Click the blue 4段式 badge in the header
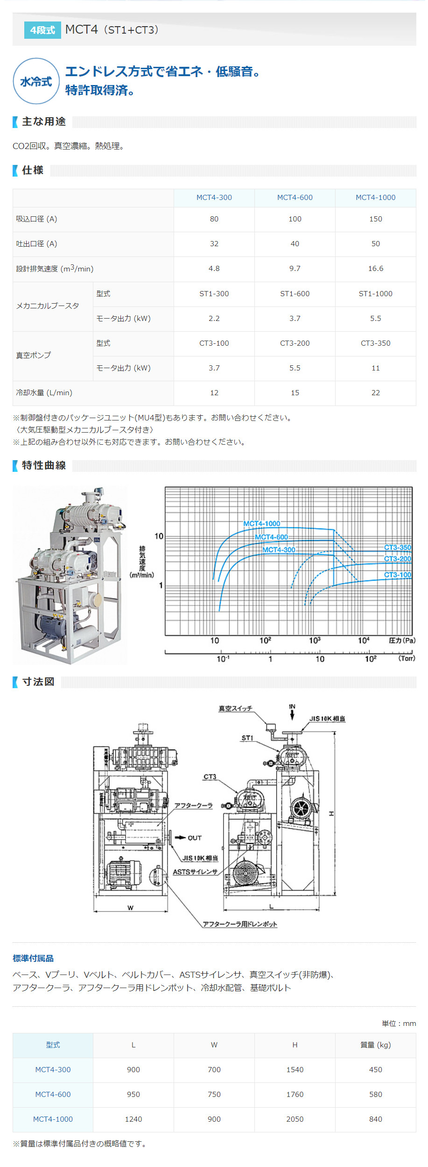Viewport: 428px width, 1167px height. click(42, 30)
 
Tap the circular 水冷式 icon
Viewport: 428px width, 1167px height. click(36, 81)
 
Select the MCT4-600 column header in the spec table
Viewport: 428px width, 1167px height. click(295, 198)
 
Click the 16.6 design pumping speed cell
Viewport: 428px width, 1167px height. click(375, 269)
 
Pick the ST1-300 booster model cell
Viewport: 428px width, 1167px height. click(214, 294)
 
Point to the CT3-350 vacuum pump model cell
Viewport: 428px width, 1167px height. click(375, 343)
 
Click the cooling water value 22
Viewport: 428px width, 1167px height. click(375, 393)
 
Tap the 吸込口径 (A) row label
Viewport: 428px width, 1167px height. click(36, 219)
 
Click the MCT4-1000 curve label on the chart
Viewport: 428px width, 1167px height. click(261, 524)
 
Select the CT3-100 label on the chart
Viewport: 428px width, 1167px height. click(397, 575)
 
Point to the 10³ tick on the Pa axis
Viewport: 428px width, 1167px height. click(315, 640)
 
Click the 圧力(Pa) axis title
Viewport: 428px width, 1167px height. click(401, 640)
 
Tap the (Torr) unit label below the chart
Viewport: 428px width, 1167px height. click(406, 658)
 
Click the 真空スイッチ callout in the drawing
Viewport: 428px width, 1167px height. click(235, 709)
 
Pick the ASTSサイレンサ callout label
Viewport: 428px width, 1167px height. click(195, 872)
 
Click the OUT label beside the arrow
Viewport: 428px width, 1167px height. click(195, 838)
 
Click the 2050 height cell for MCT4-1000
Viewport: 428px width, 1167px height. click(295, 1119)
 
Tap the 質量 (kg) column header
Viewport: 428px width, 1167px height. click(375, 1045)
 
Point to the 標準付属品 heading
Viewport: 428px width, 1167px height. click(33, 959)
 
